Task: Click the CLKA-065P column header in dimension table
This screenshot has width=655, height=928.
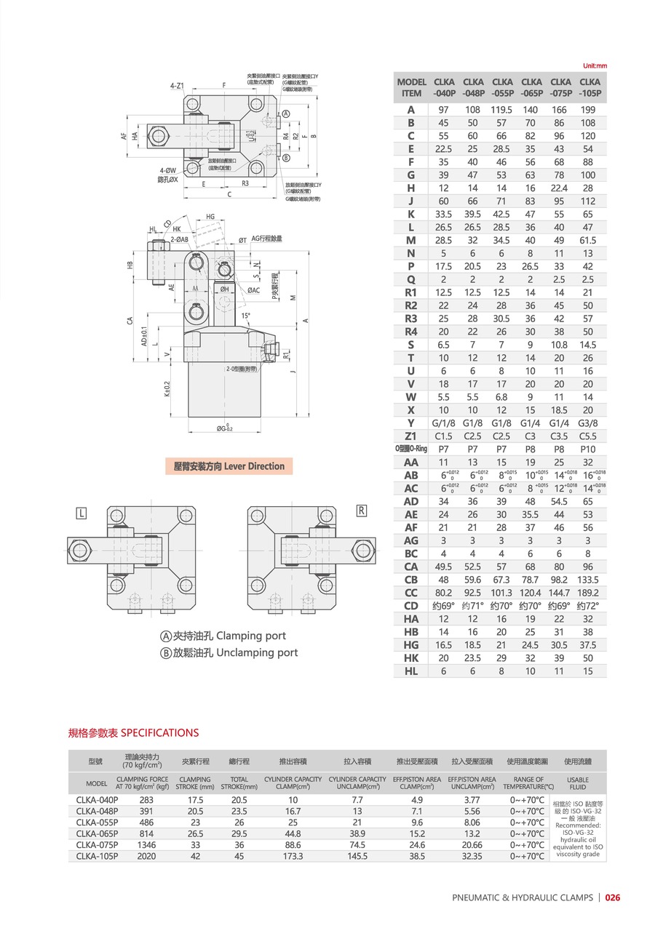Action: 531,87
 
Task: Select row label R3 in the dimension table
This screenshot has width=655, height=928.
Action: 411,319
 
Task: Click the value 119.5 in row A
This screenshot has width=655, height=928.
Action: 501,109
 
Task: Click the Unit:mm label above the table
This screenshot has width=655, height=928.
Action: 594,66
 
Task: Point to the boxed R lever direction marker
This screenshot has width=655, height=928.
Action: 361,510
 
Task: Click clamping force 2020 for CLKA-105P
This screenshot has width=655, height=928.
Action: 146,856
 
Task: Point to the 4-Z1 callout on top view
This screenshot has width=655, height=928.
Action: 178,86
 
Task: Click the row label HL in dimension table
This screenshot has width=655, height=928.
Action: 411,671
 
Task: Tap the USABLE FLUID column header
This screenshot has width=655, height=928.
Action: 577,783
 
